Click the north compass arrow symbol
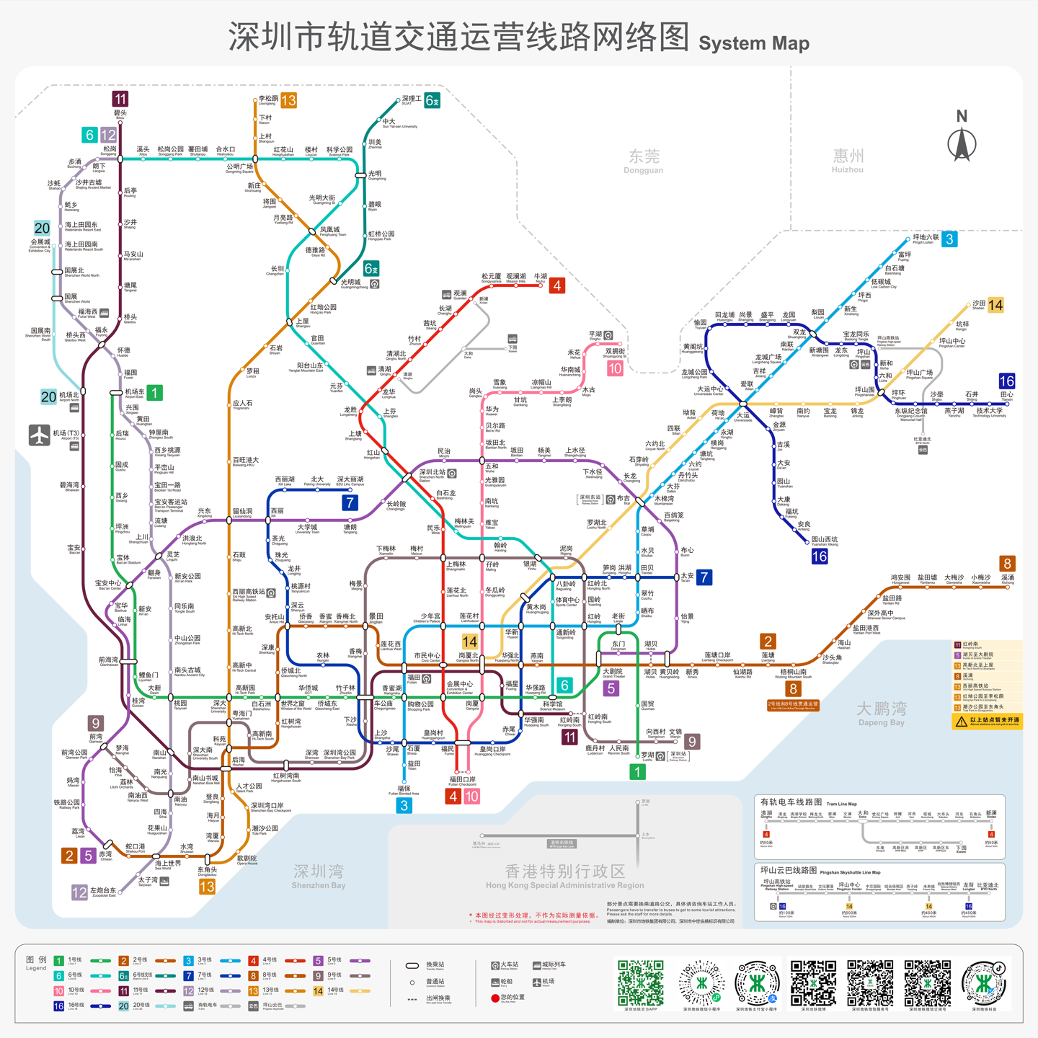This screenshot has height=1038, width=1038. (x=962, y=143)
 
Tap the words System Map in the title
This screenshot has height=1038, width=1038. (x=754, y=43)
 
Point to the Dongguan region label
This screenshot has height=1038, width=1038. (x=644, y=161)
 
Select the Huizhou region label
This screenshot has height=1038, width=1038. (x=848, y=160)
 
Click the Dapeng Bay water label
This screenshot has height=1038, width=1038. (x=881, y=713)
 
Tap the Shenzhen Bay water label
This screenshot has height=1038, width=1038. (x=319, y=876)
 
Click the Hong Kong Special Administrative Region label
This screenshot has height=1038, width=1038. (x=564, y=877)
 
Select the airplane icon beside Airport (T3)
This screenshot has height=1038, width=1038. (x=39, y=435)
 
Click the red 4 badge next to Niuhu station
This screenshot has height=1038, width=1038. (x=556, y=285)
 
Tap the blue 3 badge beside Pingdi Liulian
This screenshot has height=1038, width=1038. (x=950, y=239)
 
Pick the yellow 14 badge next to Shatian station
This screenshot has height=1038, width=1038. (x=995, y=305)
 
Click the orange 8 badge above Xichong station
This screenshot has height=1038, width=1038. (x=1007, y=563)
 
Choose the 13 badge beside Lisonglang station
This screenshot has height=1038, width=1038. (x=288, y=100)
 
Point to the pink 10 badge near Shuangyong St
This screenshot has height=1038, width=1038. (x=615, y=368)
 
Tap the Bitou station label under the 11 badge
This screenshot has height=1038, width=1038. (x=120, y=114)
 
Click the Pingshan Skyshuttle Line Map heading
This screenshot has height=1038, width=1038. (x=820, y=871)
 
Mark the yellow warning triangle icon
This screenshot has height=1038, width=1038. (x=961, y=721)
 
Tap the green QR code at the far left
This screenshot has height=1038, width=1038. (x=640, y=982)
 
